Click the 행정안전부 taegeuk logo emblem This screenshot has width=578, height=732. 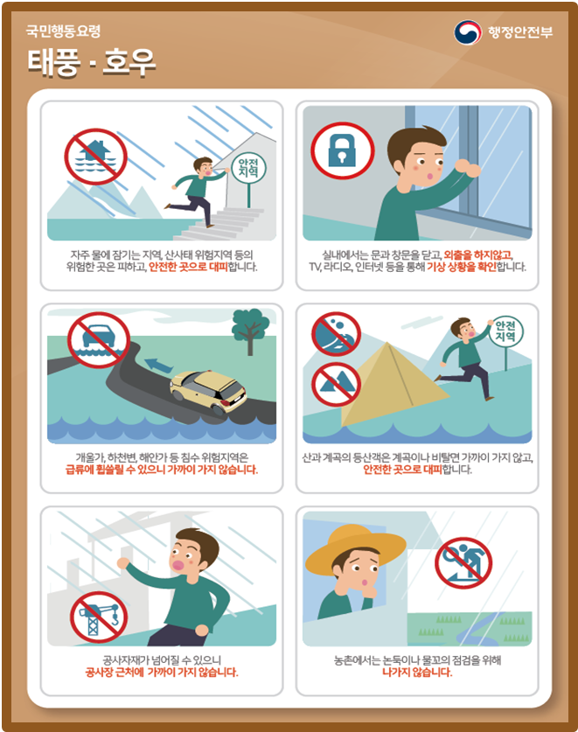(468, 32)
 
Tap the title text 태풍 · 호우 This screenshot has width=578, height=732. (91, 62)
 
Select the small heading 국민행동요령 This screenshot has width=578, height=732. (63, 31)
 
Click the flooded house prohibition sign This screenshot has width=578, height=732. (95, 157)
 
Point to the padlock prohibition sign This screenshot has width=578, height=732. (343, 150)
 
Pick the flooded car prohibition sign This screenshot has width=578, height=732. (99, 340)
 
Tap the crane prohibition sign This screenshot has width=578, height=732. (99, 617)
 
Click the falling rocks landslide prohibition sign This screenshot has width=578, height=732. (336, 334)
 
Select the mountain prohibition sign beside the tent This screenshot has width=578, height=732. (336, 384)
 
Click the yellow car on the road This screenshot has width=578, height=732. (208, 391)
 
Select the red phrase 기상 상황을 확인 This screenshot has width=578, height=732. (462, 267)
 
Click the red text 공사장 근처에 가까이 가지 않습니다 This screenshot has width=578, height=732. (162, 673)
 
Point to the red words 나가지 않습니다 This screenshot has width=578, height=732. (417, 673)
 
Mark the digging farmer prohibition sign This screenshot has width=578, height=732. (463, 562)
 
